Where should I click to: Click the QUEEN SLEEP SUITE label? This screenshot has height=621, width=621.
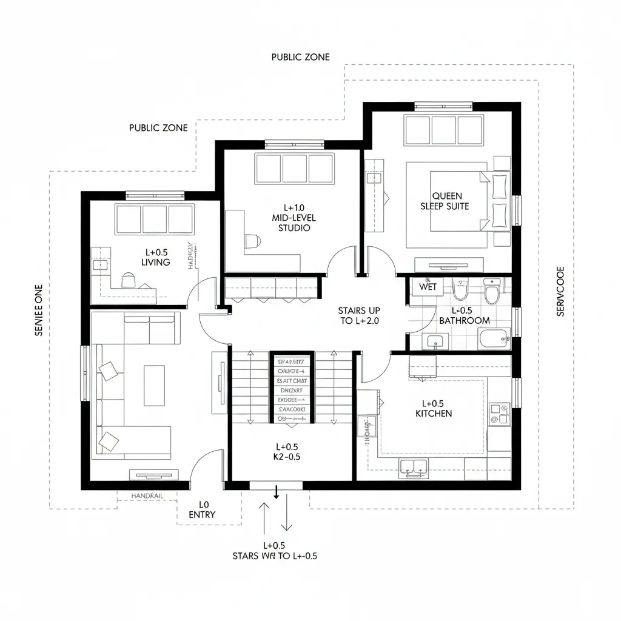point(445,201)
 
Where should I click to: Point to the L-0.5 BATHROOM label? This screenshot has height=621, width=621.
point(464,315)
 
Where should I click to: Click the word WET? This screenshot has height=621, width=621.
point(428,287)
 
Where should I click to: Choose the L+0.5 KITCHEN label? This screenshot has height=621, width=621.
point(433,408)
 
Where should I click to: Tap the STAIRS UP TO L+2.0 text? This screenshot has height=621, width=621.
point(359,315)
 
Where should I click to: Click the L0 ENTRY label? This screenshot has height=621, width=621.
point(202,509)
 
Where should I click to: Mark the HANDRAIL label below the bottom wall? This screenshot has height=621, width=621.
point(147,496)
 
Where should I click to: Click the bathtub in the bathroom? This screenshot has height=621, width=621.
point(494,339)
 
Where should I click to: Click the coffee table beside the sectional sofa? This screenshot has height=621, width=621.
point(153,386)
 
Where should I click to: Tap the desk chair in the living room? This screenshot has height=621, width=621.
point(129,280)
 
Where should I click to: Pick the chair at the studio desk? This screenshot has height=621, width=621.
point(252,241)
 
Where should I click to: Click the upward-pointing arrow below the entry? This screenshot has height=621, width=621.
point(264,516)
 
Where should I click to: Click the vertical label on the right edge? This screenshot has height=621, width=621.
point(560,291)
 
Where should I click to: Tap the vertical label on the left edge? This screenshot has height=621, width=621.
point(39,309)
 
